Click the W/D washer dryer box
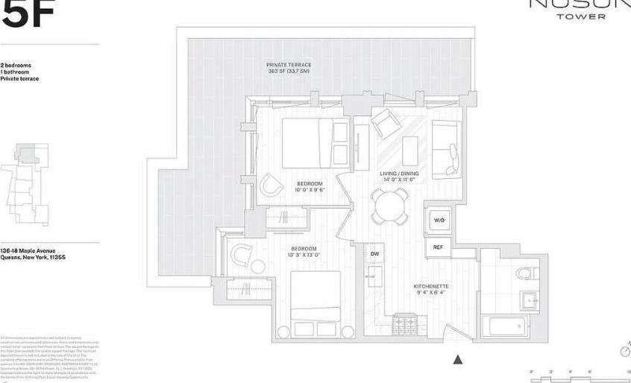click(x=439, y=221)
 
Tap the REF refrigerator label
click(x=438, y=247)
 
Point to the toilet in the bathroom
click(x=526, y=273)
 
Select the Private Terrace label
click(x=289, y=65)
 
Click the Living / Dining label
click(x=399, y=174)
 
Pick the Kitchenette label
click(x=431, y=286)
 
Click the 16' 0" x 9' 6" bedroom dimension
click(x=310, y=189)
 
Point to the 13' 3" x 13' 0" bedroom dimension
click(x=304, y=254)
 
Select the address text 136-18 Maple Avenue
click(x=28, y=251)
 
